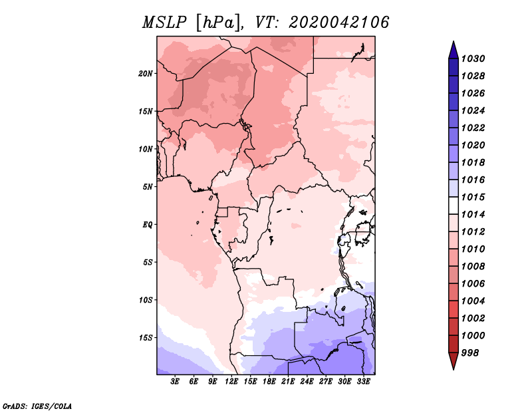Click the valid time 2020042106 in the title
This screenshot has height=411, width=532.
tap(338, 23)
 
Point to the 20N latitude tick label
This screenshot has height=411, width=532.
tap(146, 73)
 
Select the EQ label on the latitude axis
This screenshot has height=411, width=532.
tap(148, 224)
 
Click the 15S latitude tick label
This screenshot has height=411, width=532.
tap(146, 337)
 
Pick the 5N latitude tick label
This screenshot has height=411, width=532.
tap(148, 186)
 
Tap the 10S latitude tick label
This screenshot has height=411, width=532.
tap(146, 300)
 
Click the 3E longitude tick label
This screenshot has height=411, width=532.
tap(176, 382)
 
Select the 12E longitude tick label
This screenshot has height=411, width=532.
tap(232, 382)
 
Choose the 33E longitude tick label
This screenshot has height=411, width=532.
tap(364, 382)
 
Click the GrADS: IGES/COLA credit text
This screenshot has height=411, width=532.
tap(37, 405)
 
